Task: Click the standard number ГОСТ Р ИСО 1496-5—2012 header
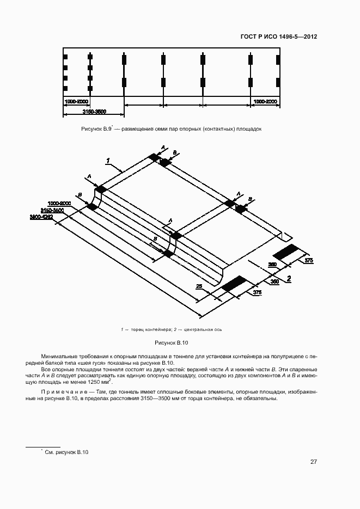click(x=278, y=37)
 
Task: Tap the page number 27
click(x=314, y=462)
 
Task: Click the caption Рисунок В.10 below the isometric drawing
click(x=170, y=343)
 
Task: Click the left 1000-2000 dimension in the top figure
click(x=76, y=102)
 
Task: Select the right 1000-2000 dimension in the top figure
click(x=265, y=102)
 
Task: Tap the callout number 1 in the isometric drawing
click(x=108, y=161)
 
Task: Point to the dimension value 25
click(x=200, y=287)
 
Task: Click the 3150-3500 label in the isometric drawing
click(x=52, y=210)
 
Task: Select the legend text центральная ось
click(x=203, y=329)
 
